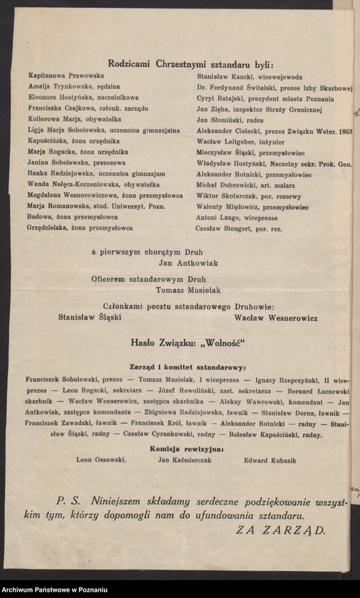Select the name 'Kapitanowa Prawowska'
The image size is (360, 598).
[x=66, y=75]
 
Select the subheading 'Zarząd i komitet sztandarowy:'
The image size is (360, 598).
[x=188, y=367]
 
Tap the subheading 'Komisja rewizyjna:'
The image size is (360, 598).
[x=188, y=448]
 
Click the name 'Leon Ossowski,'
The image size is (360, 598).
[x=100, y=460]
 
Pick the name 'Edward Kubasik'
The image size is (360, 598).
[x=270, y=460]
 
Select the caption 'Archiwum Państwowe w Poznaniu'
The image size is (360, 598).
[x=54, y=590]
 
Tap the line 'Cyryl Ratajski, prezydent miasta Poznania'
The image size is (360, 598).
[x=260, y=98]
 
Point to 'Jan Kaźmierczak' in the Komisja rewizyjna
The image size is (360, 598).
[x=187, y=460]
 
